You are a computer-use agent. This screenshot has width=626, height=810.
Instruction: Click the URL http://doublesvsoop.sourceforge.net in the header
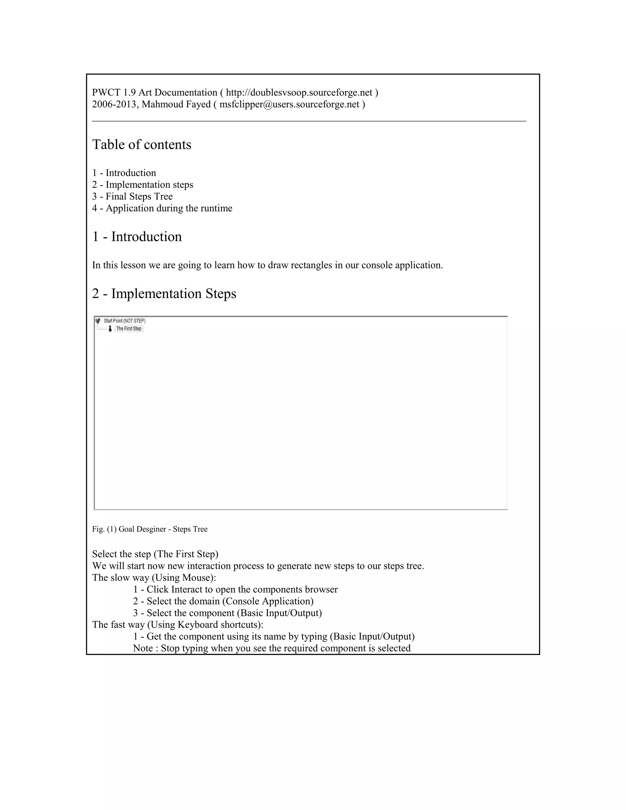click(x=299, y=92)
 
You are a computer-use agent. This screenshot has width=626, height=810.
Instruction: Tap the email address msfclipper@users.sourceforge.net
click(x=289, y=104)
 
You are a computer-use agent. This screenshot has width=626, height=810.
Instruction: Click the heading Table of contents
click(x=142, y=145)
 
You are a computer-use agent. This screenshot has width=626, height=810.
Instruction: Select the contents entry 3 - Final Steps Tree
click(x=132, y=197)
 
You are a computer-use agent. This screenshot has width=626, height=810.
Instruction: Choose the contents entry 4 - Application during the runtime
click(x=162, y=208)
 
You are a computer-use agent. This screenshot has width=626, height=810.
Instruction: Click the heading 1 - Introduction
click(x=137, y=237)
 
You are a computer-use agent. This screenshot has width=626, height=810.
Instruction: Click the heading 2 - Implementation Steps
click(x=164, y=293)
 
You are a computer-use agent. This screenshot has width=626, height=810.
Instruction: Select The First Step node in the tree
click(x=129, y=329)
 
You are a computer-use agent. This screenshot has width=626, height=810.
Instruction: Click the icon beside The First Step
click(x=110, y=329)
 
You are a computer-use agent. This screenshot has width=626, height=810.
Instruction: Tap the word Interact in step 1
click(x=187, y=590)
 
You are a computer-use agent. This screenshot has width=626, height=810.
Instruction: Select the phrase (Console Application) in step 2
click(x=268, y=601)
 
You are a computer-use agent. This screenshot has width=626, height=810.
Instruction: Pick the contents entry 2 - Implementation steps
click(x=142, y=185)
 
